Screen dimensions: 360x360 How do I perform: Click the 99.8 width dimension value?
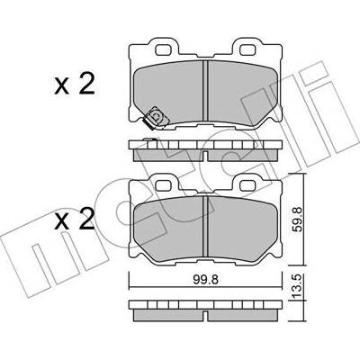pos(205,280)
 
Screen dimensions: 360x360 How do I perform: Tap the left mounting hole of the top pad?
pos(164,48)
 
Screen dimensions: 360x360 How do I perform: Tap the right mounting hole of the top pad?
pos(248,48)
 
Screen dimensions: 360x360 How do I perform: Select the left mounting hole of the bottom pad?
pos(164,184)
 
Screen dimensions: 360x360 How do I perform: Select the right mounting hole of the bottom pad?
pos(248,184)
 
